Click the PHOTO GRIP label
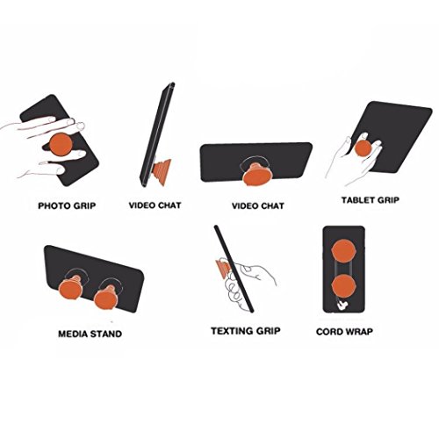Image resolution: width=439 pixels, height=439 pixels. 67,205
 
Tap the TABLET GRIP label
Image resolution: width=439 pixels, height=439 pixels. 371,200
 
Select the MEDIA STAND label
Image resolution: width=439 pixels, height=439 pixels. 90,334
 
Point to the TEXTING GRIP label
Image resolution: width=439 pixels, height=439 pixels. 246,331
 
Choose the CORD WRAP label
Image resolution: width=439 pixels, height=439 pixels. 344,332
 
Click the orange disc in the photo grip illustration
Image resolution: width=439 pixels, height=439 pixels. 61,145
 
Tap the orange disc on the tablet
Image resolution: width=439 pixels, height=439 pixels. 363,148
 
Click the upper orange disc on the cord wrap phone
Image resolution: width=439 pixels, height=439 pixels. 344,251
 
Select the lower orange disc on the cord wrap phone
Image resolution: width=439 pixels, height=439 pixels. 344,286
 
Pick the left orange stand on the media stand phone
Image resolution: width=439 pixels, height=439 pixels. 71,288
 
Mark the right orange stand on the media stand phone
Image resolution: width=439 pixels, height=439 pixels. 106,298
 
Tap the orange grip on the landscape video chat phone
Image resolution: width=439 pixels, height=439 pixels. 257,175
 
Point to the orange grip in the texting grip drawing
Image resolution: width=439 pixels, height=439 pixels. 221,270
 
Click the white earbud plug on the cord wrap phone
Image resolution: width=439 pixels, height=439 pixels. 341,306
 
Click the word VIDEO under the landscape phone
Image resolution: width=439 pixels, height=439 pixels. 244,206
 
